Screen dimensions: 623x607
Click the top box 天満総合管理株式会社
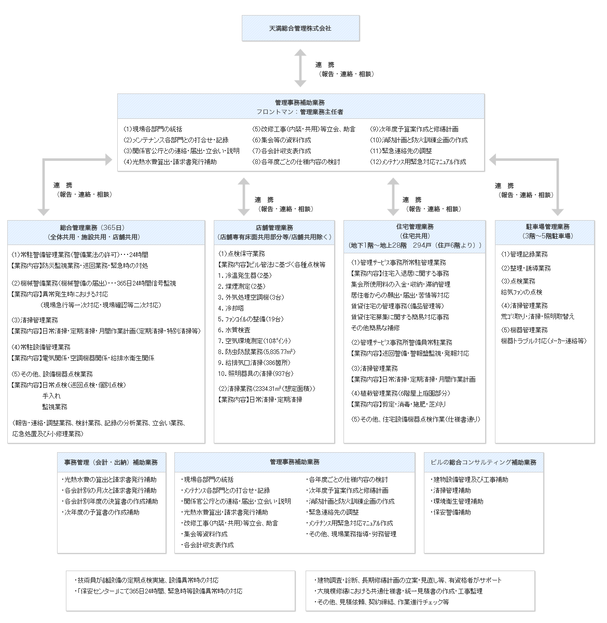(x=300, y=29)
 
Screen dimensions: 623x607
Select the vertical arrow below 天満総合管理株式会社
(x=300, y=68)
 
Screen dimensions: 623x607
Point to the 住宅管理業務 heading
(x=415, y=227)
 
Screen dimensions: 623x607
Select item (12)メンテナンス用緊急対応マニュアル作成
(x=418, y=162)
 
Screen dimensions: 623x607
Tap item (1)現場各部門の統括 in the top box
(x=153, y=129)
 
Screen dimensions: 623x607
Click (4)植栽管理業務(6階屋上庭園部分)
(x=401, y=394)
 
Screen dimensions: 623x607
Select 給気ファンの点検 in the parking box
(x=521, y=292)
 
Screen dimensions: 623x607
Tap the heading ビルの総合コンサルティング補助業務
(x=484, y=462)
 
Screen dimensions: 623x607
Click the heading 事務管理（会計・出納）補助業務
(x=111, y=462)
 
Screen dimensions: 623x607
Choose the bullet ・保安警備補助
(x=451, y=512)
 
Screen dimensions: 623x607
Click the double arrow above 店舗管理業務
(x=243, y=197)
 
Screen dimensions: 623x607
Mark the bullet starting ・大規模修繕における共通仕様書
(x=398, y=591)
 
